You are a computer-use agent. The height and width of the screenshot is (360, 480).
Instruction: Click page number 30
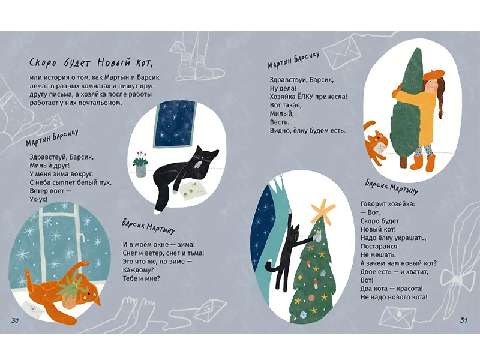15,320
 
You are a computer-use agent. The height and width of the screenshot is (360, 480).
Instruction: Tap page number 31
463,320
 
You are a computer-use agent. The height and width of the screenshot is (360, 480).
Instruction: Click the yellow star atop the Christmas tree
323,211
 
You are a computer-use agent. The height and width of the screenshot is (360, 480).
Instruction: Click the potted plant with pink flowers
140,164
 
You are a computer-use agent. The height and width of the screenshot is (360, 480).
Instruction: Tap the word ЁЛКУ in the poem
308,97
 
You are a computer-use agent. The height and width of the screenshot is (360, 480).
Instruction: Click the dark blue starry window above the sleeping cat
174,124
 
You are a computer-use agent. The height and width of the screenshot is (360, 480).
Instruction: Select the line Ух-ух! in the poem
38,199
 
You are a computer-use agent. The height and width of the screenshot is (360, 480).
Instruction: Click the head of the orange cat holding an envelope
377,139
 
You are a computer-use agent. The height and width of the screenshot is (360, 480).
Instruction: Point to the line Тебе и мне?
142,278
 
